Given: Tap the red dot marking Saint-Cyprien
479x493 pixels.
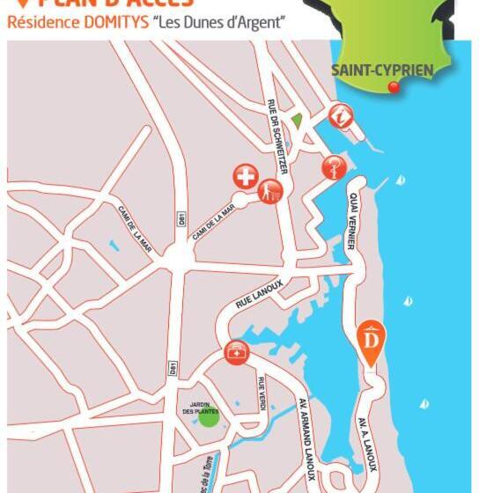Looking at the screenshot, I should tap(394, 86).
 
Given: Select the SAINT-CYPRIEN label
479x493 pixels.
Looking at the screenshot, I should tap(381, 70).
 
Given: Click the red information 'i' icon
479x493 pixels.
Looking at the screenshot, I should tap(341, 115).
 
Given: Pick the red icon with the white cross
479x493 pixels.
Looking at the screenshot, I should tap(245, 177).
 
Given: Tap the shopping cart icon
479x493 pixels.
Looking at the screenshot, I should tap(270, 190).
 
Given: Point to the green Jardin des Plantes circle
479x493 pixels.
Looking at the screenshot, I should tap(208, 416).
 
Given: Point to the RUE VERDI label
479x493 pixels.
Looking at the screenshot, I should tap(262, 393).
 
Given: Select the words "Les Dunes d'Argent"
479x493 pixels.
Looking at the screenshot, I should tap(219, 22).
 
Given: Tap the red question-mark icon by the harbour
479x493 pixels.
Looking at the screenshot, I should tap(333, 166).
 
